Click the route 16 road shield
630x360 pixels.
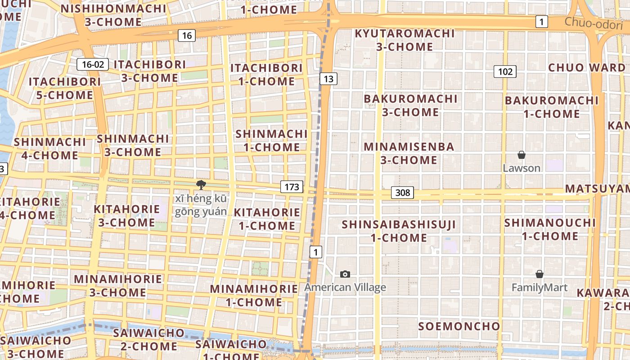(x=187, y=36)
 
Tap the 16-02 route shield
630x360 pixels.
(x=93, y=64)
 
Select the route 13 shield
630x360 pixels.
(x=328, y=79)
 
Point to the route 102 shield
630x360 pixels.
(x=505, y=72)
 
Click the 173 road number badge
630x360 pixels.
(x=292, y=187)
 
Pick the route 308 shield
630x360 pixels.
(x=402, y=193)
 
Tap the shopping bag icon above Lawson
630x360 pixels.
(x=521, y=155)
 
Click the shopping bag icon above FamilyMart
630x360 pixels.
(x=539, y=274)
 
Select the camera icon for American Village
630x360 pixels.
(x=345, y=274)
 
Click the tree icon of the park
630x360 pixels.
(x=201, y=184)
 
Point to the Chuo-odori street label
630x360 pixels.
(x=594, y=23)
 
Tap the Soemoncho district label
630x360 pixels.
(x=459, y=326)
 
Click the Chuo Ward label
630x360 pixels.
(x=586, y=68)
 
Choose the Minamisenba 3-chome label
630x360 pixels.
(x=409, y=153)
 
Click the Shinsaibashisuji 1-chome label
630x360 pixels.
(x=399, y=231)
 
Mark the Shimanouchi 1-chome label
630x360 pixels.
(x=550, y=229)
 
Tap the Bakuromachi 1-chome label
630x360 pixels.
(x=551, y=107)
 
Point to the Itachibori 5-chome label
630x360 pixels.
(x=65, y=88)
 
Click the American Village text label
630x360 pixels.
(x=345, y=288)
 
